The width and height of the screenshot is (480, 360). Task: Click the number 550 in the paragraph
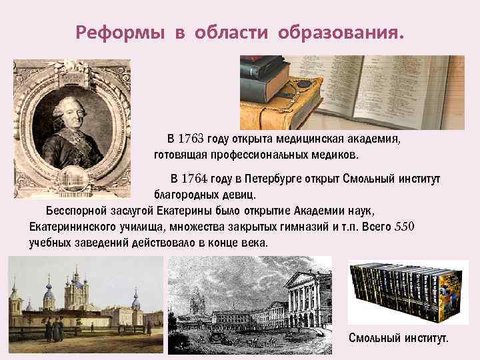405,227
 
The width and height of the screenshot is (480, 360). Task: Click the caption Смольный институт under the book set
399,338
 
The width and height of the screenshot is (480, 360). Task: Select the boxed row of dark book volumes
405,293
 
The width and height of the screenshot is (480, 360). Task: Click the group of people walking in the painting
53,327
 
